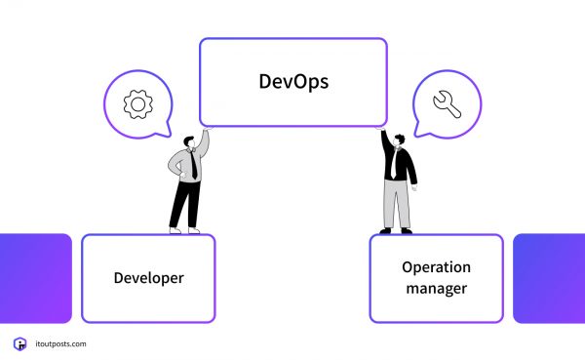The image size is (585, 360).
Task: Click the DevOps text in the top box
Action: (x=293, y=81)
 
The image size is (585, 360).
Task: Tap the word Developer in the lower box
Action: (x=148, y=278)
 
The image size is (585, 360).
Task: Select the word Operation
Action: (x=436, y=267)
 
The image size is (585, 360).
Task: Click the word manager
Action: (x=436, y=288)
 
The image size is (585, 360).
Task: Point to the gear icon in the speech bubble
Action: (x=137, y=103)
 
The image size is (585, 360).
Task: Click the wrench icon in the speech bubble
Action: (x=447, y=102)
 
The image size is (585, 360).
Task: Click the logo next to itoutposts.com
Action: (x=19, y=343)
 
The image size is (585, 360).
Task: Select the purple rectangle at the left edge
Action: (x=34, y=277)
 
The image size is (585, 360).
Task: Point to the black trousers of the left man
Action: (x=185, y=203)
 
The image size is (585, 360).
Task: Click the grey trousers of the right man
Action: (x=397, y=205)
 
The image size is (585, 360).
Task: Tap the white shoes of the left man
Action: (x=183, y=230)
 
